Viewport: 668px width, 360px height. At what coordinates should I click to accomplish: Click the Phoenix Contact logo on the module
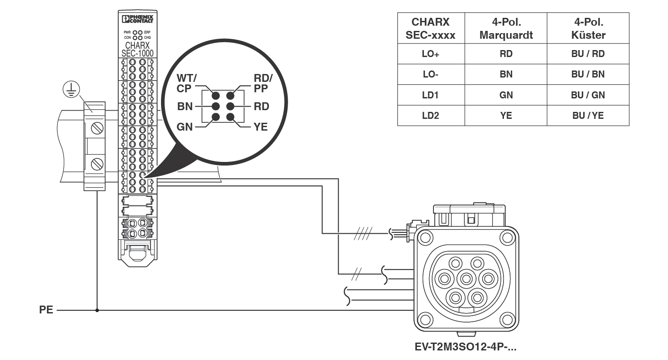click(138, 19)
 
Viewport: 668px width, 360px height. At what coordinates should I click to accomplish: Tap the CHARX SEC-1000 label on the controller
click(138, 49)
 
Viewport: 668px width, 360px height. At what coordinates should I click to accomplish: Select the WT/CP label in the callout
click(186, 83)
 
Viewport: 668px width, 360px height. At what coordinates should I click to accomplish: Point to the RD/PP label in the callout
click(263, 83)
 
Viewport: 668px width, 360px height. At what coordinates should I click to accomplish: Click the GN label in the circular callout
click(185, 127)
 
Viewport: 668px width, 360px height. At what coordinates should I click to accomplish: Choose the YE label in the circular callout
click(261, 127)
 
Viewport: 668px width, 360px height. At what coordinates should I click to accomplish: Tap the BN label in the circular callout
click(185, 106)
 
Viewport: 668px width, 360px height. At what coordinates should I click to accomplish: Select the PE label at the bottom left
click(46, 310)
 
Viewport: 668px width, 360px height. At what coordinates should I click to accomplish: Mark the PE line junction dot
click(97, 310)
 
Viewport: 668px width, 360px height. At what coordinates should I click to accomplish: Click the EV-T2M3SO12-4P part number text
click(465, 347)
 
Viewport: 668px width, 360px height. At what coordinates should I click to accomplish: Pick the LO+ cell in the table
click(430, 54)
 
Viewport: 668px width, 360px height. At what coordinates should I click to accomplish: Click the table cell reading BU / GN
click(588, 95)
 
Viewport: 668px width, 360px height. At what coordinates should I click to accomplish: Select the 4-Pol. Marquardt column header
click(506, 28)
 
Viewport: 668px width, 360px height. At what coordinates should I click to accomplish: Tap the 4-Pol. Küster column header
click(588, 28)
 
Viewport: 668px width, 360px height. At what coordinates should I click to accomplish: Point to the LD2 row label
click(430, 115)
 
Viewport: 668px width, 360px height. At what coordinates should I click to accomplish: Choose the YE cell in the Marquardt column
click(506, 115)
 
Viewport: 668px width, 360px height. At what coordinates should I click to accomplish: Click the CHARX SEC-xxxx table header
click(430, 28)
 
